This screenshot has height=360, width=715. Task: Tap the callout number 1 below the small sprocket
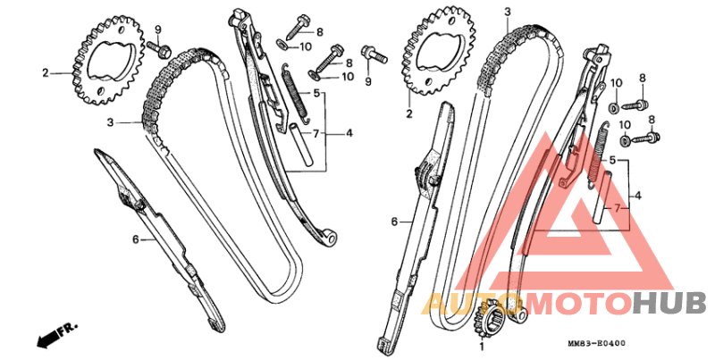[481, 347]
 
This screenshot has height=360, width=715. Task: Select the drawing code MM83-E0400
[596, 343]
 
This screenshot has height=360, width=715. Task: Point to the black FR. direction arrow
[57, 335]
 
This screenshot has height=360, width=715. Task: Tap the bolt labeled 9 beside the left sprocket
[159, 49]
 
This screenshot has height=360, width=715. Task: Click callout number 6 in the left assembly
[136, 239]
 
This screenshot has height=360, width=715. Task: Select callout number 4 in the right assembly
[637, 196]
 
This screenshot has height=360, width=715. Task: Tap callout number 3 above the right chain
[508, 12]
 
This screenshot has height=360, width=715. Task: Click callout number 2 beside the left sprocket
[46, 72]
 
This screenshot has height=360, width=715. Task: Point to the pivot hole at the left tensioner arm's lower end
[331, 239]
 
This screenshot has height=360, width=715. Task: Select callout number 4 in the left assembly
[349, 133]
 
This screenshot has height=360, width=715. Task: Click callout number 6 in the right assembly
[394, 222]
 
